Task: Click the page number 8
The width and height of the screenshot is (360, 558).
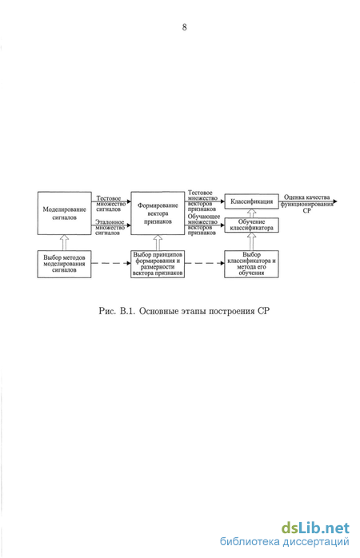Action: [184, 27]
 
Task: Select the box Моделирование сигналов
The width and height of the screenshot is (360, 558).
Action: [65, 213]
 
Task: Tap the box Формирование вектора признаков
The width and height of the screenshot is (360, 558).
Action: [158, 213]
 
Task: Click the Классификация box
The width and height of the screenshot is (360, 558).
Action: [251, 201]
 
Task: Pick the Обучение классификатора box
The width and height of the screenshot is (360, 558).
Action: [251, 225]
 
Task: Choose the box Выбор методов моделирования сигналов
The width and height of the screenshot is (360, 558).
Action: [65, 264]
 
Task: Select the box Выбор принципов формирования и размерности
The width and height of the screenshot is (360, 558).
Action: [158, 264]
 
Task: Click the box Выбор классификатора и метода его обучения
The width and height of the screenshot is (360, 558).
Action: [251, 264]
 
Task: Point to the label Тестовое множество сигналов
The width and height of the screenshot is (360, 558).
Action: [110, 204]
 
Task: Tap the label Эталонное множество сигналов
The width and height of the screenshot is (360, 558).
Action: [110, 227]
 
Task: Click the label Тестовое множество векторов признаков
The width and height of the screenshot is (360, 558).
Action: [202, 201]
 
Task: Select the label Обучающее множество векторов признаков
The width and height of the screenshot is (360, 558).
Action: [204, 225]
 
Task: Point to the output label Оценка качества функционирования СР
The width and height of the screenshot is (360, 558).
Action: [307, 204]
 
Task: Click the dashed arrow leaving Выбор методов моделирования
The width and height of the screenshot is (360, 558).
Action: [111, 263]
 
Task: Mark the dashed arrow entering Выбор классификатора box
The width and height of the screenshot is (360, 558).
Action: [204, 263]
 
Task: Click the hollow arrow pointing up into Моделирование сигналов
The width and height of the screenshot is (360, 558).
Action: [65, 242]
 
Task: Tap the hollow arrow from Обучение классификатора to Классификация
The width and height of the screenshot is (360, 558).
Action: [251, 213]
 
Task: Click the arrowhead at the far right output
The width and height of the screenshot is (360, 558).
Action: [334, 201]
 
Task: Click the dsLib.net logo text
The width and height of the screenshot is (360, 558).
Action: [315, 528]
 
